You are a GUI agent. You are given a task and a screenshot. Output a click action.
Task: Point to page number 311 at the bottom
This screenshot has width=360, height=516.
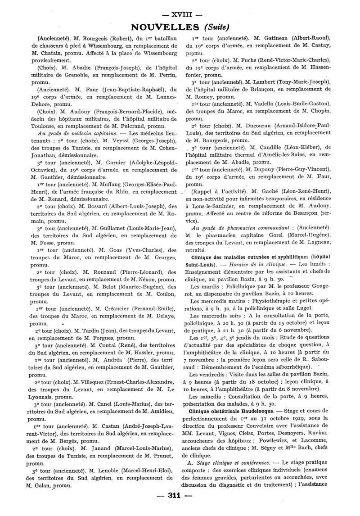click(180, 507)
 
